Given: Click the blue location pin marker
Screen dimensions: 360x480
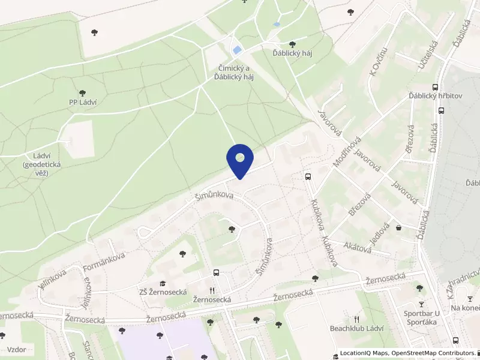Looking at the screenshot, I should (240, 160).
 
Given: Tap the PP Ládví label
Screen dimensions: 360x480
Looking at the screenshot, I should (83, 102).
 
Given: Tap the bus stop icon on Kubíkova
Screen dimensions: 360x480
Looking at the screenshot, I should (308, 177).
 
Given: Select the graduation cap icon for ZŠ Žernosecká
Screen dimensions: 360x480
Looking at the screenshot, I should (161, 283).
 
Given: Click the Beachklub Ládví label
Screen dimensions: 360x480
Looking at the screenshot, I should (356, 328).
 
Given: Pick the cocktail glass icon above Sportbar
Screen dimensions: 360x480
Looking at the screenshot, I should (421, 304).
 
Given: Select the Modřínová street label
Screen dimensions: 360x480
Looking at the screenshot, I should (347, 152).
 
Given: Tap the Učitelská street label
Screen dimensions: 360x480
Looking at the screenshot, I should (430, 53).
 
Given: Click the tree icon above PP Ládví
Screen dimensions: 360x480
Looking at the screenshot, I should (82, 93).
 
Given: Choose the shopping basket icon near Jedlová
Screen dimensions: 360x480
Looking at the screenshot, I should (398, 227).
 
